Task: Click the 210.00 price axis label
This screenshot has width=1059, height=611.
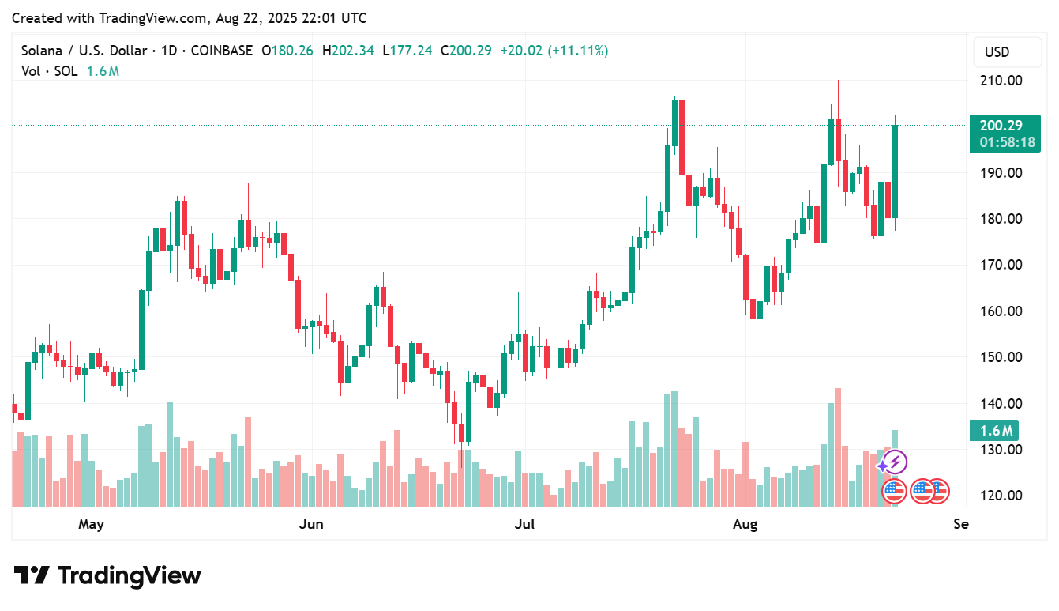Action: (1000, 81)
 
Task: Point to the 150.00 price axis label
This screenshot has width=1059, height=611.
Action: (1000, 357)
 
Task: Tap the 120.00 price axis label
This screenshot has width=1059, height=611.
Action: (1000, 496)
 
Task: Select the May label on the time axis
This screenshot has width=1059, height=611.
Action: (92, 524)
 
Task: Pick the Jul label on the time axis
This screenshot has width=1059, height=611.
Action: (524, 524)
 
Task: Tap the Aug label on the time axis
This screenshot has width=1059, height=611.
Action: (745, 524)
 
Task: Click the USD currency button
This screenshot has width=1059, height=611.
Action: (997, 52)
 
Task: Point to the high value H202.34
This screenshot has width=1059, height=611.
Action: (348, 51)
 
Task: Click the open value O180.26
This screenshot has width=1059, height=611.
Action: (287, 51)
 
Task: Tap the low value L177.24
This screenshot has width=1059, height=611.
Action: (407, 51)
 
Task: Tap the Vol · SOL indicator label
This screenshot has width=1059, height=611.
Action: (50, 71)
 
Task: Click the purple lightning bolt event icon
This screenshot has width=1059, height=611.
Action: (895, 462)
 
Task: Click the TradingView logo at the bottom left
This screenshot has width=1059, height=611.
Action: (107, 575)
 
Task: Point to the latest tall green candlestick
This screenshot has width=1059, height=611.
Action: (896, 171)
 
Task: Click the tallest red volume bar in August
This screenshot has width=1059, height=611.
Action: (838, 447)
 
